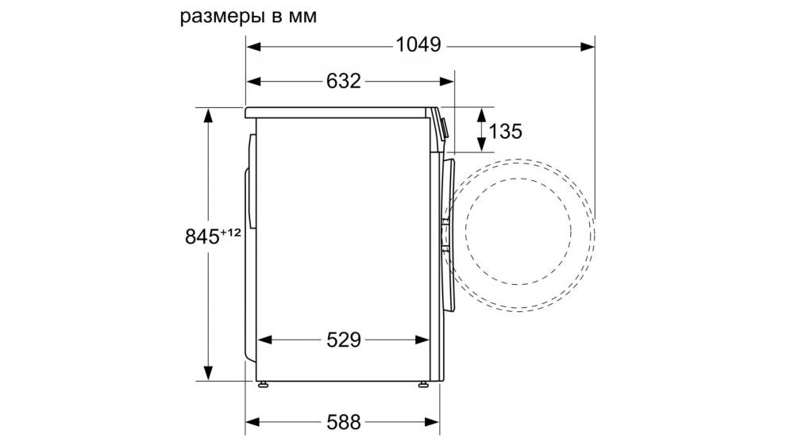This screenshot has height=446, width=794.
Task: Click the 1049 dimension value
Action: coord(418,45)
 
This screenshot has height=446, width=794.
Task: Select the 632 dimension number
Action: coord(343,81)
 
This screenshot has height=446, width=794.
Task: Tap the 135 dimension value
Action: coord(505,132)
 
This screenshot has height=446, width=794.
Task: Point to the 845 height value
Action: coord(202,237)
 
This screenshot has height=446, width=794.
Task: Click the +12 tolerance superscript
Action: coord(230,233)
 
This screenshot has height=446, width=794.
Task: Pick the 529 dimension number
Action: coord(344,340)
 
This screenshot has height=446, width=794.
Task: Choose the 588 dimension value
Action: coord(344,422)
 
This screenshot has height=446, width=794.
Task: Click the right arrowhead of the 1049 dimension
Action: coord(588,47)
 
